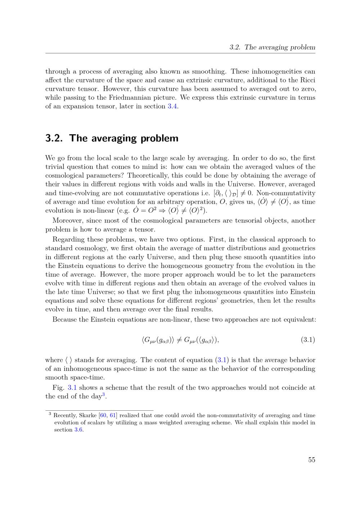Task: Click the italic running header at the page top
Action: click(272, 47)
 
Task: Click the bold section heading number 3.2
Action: click(55, 138)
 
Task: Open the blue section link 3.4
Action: click(172, 106)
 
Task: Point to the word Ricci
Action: click(308, 80)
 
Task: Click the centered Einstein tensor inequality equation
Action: click(180, 339)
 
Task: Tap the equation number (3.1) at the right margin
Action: click(308, 339)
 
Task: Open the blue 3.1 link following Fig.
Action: click(72, 388)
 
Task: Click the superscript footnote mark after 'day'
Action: click(103, 395)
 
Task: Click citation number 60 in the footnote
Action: click(103, 415)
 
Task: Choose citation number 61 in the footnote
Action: click(113, 415)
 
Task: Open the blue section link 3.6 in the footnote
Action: click(78, 430)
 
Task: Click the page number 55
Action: click(311, 460)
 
